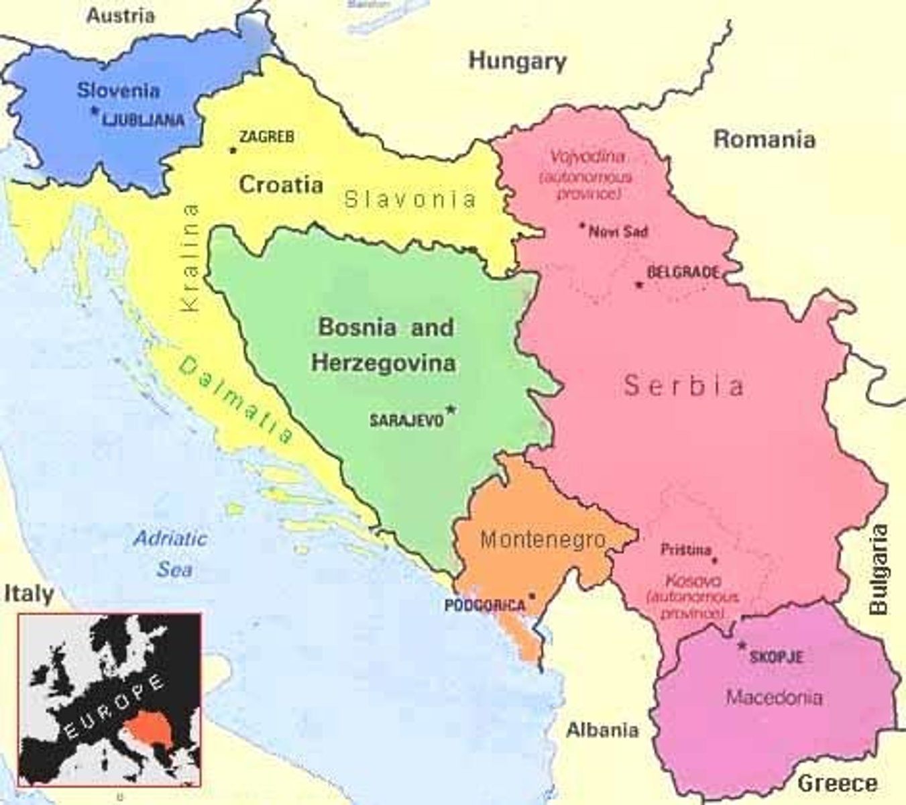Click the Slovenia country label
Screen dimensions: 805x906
pos(118,91)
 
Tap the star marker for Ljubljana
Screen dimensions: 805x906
pos(95,111)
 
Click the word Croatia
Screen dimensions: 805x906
pos(281,184)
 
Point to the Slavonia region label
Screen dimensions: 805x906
pos(410,199)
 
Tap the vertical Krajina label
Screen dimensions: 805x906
pos(191,258)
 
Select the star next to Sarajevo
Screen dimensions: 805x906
pos(451,409)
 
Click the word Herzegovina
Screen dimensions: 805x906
pos(384,363)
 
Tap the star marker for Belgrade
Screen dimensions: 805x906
pos(639,285)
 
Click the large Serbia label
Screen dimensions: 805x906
pos(683,386)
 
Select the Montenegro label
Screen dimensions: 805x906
pos(543,539)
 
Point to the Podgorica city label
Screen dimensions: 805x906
pos(485,606)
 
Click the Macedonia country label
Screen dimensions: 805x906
pos(774,697)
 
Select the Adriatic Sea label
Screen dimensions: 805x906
pos(171,554)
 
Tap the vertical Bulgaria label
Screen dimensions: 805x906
pos(879,570)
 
